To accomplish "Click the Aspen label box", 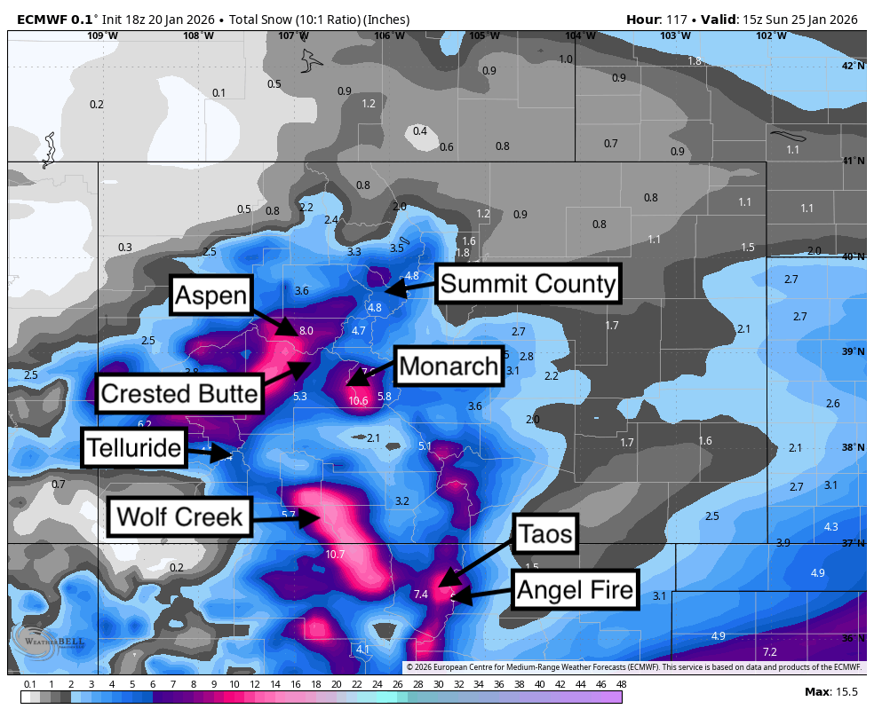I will click(211, 295).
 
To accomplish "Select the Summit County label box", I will click(528, 284).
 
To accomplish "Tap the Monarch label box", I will click(448, 366).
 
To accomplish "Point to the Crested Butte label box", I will click(180, 393).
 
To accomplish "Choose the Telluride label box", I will click(134, 448).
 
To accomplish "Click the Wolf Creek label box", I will click(179, 516).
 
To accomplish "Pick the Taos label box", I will click(545, 534).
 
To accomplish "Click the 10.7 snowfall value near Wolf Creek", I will click(335, 555).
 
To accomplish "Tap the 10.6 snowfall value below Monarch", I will click(359, 401).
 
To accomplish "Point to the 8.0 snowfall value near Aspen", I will click(306, 331).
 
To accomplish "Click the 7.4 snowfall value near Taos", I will click(420, 595).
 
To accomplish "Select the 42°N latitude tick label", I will click(853, 66).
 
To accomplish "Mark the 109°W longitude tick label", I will click(102, 35).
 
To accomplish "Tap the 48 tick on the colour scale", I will click(621, 684).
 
